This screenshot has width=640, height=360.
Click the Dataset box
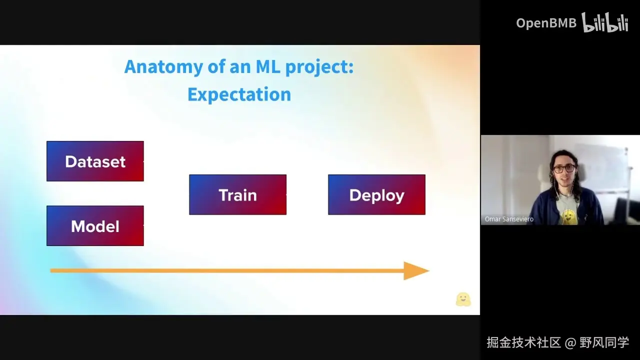tap(95, 161)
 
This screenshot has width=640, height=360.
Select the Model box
tap(95, 225)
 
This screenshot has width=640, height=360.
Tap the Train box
tap(237, 194)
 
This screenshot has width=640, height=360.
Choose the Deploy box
tap(376, 194)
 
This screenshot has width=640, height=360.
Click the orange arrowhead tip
tap(429, 270)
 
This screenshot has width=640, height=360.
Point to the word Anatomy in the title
tap(163, 67)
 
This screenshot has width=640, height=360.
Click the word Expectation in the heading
tap(239, 94)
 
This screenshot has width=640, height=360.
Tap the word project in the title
tap(319, 67)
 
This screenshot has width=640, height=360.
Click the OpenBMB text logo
tap(546, 23)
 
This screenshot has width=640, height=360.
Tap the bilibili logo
tap(605, 22)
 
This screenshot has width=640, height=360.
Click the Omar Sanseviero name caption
tap(509, 219)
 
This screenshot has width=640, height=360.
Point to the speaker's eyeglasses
tap(564, 168)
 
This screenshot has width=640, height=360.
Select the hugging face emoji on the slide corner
tap(463, 299)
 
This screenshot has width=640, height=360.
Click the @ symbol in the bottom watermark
tap(570, 342)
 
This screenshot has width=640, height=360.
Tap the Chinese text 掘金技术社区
tap(523, 342)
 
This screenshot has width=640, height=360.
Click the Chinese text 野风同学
tap(604, 342)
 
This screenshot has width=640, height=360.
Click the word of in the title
tap(216, 66)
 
